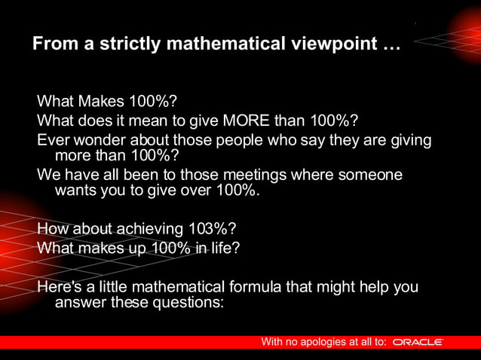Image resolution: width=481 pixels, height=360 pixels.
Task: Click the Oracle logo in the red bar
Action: coord(418,342)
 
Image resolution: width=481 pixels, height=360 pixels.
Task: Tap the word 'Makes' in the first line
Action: coord(99,101)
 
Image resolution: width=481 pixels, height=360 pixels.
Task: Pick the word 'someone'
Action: coord(370,175)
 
